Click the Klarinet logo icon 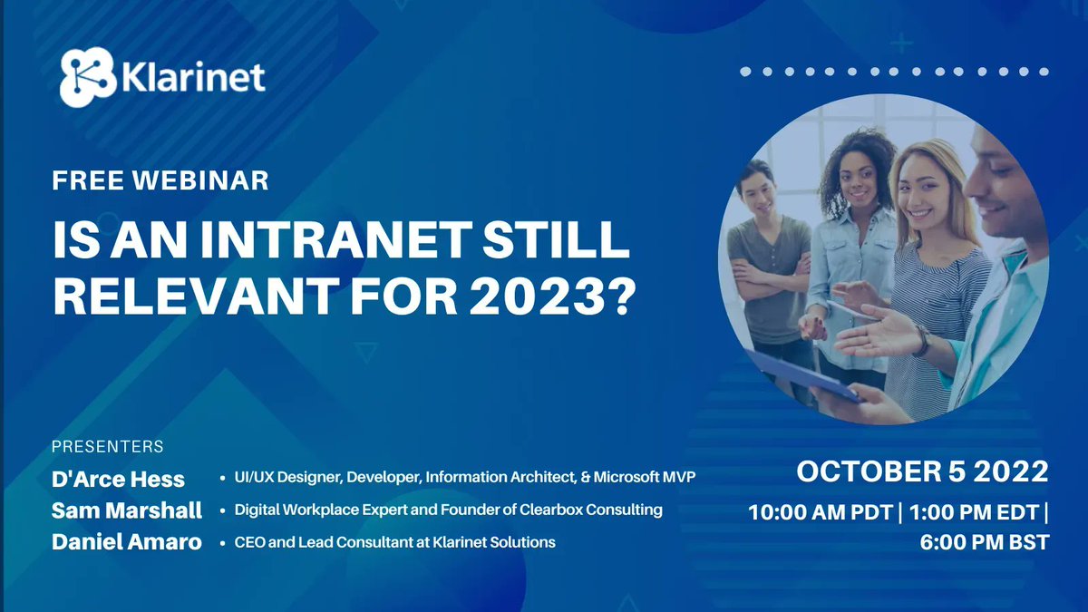[x=89, y=77]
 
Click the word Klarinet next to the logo [x=192, y=76]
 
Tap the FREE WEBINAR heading [x=160, y=180]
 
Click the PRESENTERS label [x=108, y=447]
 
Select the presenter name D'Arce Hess [x=118, y=479]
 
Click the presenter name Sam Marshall [x=127, y=510]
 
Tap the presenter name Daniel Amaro [x=126, y=543]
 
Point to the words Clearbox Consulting [x=591, y=510]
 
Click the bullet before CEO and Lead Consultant [x=223, y=543]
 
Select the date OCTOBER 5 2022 [x=922, y=471]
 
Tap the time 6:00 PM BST [x=984, y=542]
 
